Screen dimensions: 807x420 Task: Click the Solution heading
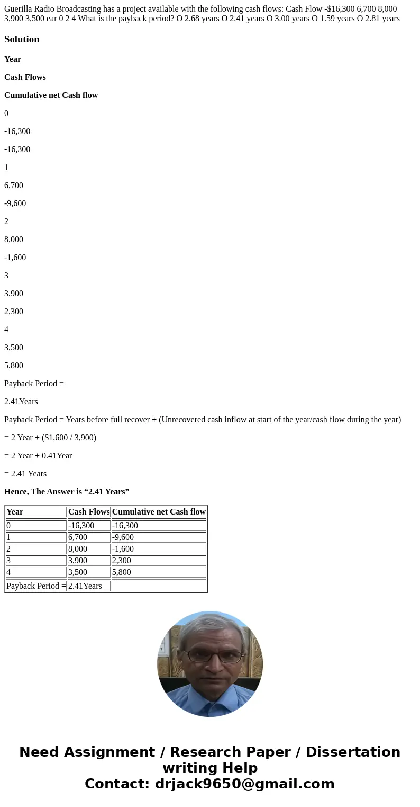tap(22, 39)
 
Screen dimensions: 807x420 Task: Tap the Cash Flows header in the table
tap(89, 512)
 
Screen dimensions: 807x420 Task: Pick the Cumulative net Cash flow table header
tap(159, 512)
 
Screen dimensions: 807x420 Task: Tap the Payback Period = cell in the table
tap(36, 586)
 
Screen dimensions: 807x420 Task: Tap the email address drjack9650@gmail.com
tap(244, 784)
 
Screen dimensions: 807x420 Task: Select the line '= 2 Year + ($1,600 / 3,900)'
tap(50, 438)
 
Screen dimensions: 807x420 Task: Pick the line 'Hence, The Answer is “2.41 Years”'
tap(67, 492)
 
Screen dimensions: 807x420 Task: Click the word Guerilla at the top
tap(18, 9)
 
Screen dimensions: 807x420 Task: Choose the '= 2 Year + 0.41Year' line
tap(38, 456)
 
